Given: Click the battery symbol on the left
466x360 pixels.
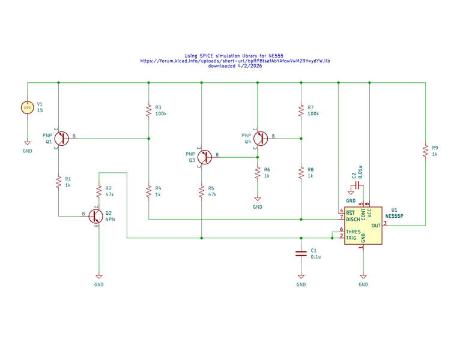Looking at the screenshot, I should click(27, 107).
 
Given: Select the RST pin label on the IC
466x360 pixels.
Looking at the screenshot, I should click(350, 212).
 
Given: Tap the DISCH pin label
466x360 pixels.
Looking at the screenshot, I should click(353, 219).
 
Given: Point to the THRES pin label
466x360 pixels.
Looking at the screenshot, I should click(353, 232).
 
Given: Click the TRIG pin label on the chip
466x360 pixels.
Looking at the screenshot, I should click(351, 238).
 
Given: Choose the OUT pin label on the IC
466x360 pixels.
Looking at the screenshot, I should click(375, 226).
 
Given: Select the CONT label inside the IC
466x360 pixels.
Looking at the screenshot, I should click(363, 214).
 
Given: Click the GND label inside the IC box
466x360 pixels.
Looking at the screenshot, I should click(363, 238).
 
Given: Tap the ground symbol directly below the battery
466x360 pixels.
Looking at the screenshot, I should click(27, 143).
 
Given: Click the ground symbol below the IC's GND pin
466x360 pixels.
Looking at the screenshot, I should click(363, 277).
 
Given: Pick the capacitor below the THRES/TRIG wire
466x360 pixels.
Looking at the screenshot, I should click(301, 254).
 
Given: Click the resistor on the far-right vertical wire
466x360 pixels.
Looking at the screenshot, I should click(425, 151).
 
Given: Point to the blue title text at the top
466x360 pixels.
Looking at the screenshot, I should click(235, 61).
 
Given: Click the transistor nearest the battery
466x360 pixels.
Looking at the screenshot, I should click(61, 139).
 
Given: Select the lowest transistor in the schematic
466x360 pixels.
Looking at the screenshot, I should click(95, 216).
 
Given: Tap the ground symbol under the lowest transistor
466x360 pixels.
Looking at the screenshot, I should click(98, 277).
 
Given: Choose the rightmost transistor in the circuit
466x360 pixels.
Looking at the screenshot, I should click(260, 139).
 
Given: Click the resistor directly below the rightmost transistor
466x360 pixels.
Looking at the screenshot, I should click(257, 173).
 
